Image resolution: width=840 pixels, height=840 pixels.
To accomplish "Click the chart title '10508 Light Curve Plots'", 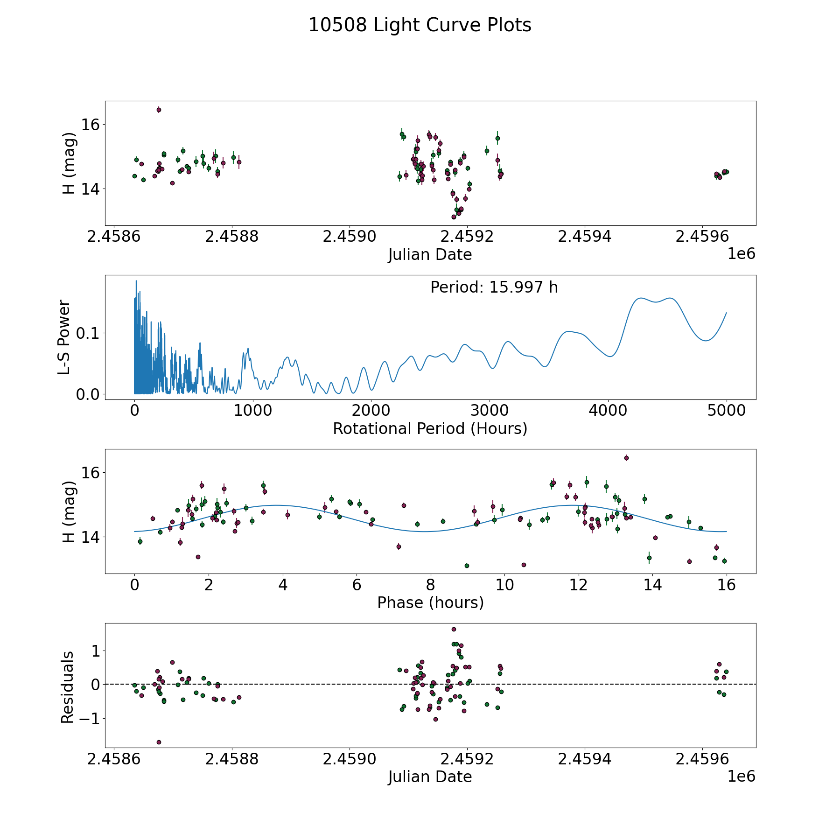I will point(420,25).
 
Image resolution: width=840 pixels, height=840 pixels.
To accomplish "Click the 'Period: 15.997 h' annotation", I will point(494,287).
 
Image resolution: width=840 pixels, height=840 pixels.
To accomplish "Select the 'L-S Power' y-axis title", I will point(65,337).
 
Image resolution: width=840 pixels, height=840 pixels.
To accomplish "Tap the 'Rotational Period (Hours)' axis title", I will point(430,428).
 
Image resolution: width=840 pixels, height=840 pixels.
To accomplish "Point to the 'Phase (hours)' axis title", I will point(430,602).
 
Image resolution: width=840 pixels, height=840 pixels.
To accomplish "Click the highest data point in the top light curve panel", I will point(159,110).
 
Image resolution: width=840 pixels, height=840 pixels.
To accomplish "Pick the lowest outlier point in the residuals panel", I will point(159,742).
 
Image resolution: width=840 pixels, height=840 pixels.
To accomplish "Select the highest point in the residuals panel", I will point(454,629).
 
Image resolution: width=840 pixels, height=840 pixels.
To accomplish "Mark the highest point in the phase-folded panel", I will point(626,458).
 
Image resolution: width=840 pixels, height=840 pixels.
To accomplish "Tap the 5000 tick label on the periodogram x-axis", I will point(726,411).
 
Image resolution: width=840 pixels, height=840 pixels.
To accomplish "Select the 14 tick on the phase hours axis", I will point(652,585).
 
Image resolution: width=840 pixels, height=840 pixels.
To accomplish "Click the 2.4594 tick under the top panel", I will point(584,237).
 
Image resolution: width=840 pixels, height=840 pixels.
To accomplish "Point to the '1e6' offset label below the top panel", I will point(741,254).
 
